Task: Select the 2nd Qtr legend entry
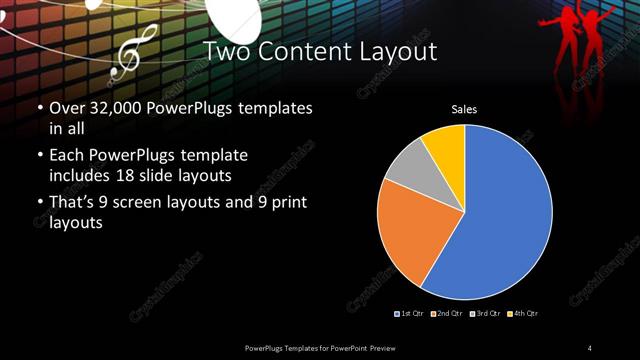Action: click(x=447, y=313)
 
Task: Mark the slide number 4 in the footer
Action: click(x=590, y=347)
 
